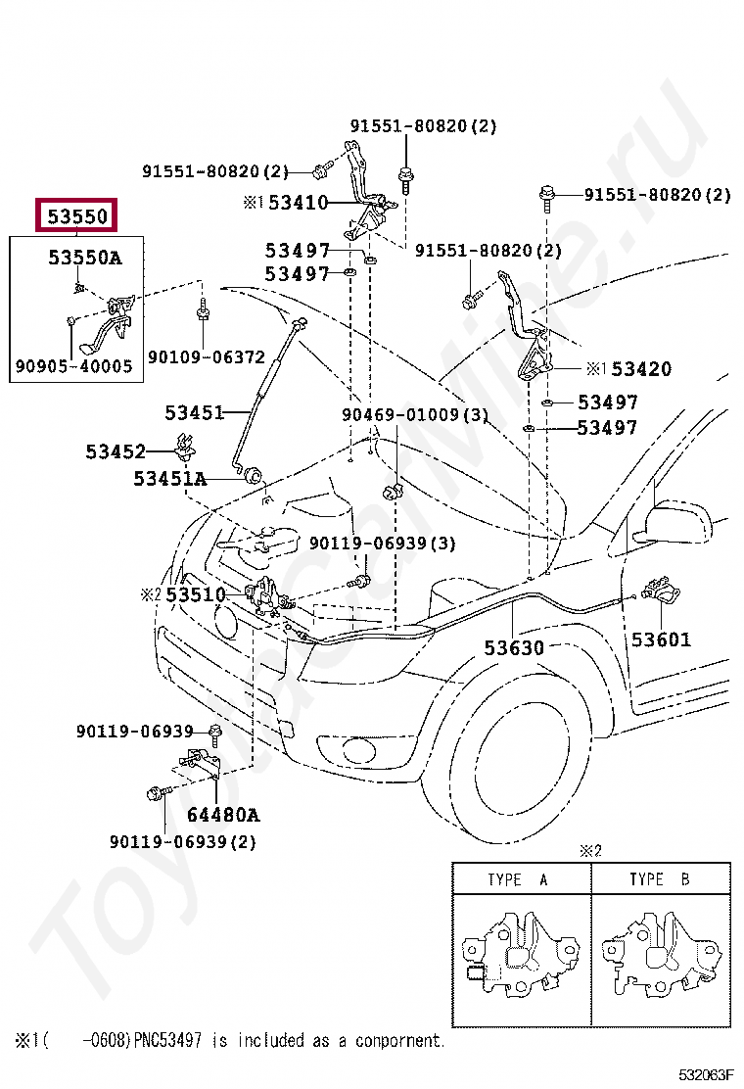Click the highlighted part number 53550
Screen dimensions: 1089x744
point(76,214)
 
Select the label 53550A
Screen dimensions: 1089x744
point(85,258)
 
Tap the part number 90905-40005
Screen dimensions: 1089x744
point(73,367)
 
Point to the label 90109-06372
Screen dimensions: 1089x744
point(207,357)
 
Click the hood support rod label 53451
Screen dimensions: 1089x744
point(194,413)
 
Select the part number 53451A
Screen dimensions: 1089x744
point(170,479)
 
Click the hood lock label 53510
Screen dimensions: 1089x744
point(195,594)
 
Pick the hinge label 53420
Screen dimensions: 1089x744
point(641,369)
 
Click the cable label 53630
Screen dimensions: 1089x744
point(514,648)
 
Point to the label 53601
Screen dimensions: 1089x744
point(661,639)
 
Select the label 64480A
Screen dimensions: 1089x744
point(223,815)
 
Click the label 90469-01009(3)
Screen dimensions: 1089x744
point(414,414)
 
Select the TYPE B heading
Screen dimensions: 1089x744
point(659,879)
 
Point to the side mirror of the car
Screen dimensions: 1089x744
point(673,520)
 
